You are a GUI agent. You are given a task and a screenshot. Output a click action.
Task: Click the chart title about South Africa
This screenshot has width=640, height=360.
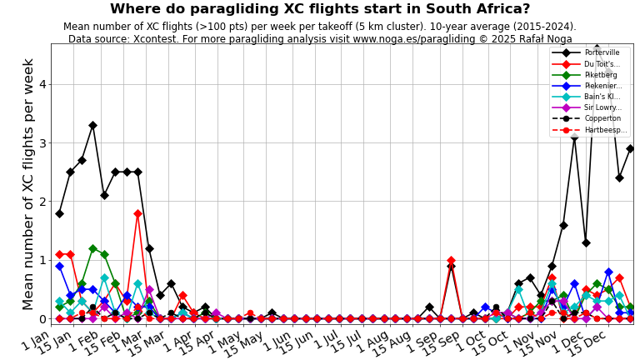[x=319, y=9]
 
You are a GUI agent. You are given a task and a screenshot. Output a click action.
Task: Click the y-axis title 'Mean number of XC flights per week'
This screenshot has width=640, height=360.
[x=28, y=183]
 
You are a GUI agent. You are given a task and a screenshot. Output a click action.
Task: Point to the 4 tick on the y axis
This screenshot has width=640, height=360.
[x=42, y=84]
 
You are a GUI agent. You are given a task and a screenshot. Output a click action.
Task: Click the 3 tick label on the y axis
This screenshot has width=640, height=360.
[x=42, y=143]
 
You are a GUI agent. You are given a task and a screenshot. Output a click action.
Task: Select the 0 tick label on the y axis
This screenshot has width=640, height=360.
[x=42, y=318]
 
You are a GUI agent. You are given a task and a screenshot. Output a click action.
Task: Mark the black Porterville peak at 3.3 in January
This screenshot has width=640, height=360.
[x=92, y=125]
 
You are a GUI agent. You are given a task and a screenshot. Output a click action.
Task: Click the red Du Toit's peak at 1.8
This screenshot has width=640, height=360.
[x=137, y=213]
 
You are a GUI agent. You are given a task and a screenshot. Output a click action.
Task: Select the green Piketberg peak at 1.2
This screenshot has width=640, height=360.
[x=92, y=248]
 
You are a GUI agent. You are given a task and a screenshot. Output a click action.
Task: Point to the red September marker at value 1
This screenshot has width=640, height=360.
[x=451, y=260]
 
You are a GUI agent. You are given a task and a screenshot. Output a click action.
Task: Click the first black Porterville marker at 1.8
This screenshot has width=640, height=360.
[x=59, y=213]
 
